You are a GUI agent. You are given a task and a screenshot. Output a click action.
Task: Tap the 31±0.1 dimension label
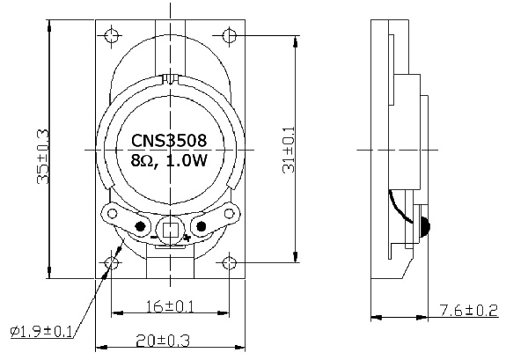[x=290, y=149]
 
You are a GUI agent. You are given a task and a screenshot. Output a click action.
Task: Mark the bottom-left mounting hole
[x=112, y=263]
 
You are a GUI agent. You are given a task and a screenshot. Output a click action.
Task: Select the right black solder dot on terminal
[x=202, y=225]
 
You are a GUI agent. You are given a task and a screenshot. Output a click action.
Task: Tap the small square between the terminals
[x=171, y=230]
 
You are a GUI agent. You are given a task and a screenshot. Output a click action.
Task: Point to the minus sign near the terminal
[x=153, y=238]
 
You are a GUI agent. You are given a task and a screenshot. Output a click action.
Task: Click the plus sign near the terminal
[x=187, y=238]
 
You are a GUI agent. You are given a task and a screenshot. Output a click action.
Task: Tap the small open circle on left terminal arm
[x=113, y=214]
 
